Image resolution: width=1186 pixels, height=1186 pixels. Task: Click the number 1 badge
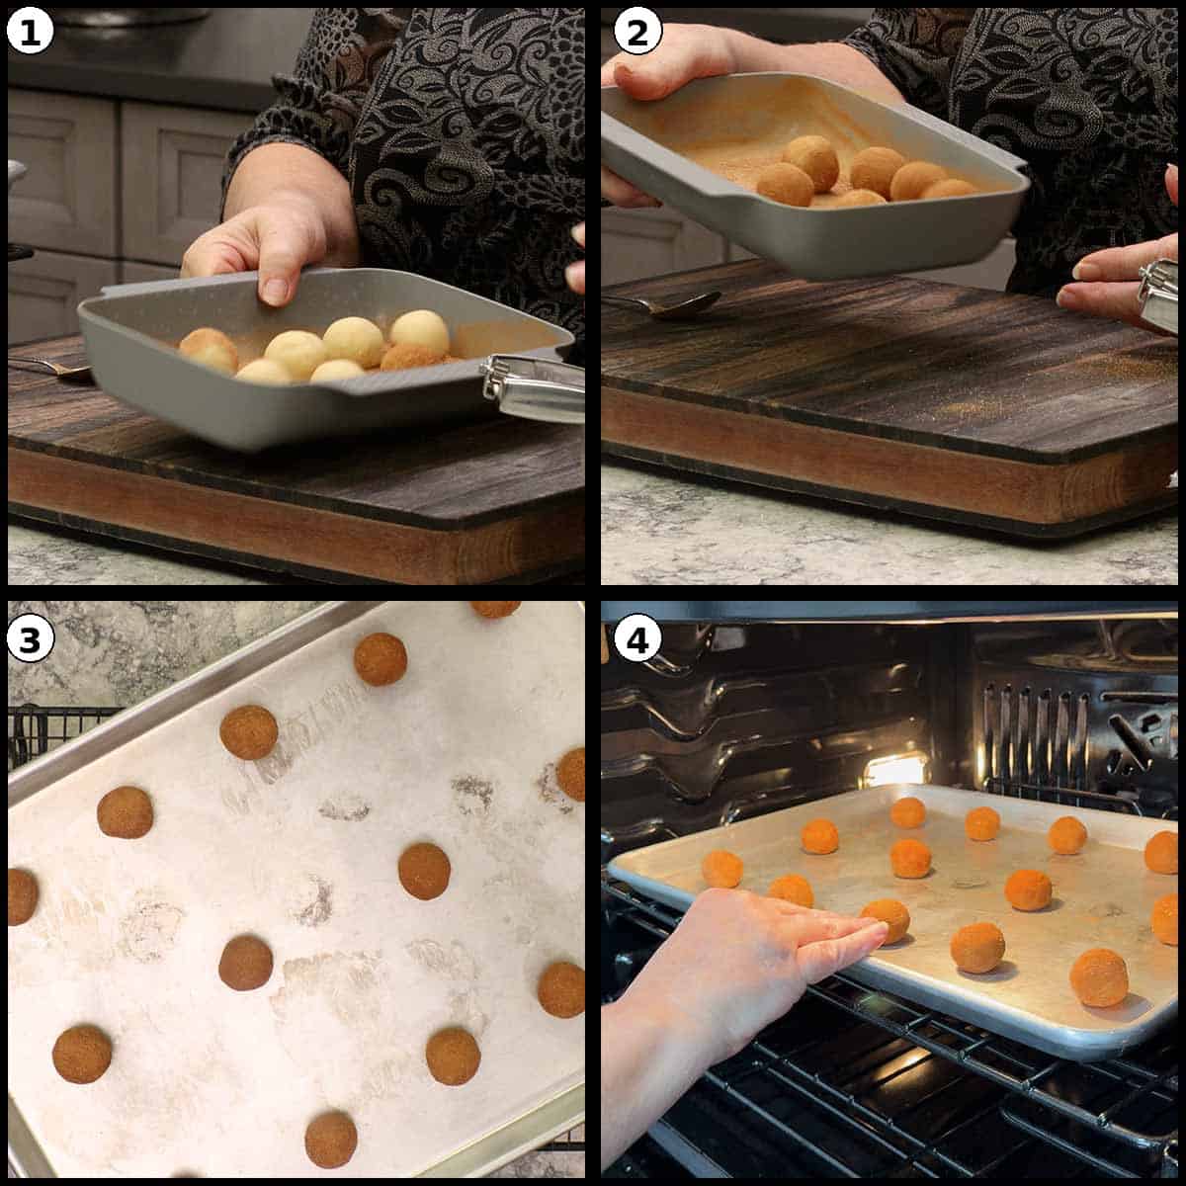point(30,33)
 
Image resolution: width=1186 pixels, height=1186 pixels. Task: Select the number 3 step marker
point(30,640)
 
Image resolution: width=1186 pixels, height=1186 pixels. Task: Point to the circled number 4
point(635,640)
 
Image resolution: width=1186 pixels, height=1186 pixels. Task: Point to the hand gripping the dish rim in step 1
point(267,247)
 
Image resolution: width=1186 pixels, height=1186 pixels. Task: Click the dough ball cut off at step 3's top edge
point(494,608)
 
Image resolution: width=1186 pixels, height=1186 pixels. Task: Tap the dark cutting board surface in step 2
point(870,376)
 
